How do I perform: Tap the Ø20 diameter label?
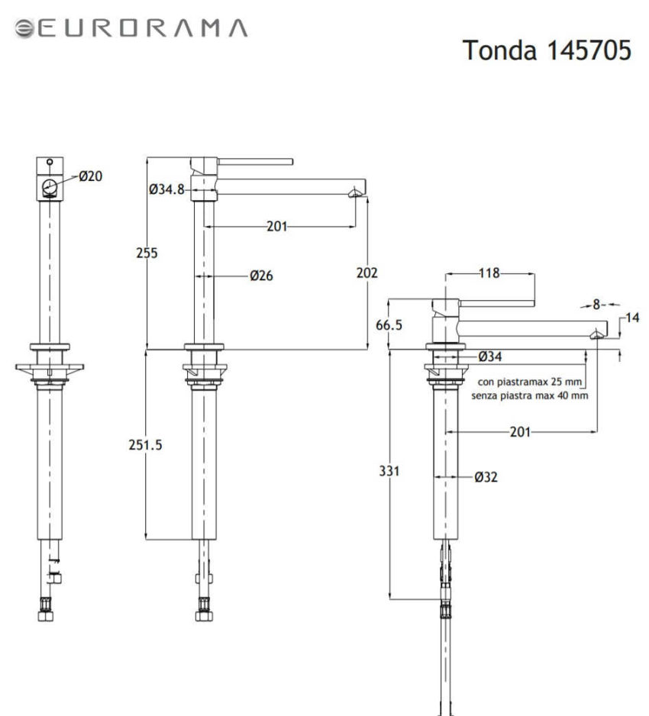click(89, 176)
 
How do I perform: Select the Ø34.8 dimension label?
click(167, 189)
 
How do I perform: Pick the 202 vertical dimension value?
click(367, 272)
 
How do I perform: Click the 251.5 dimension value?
click(144, 444)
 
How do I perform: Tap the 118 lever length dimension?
click(489, 274)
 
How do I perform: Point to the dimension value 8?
click(597, 304)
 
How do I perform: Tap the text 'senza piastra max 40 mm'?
click(529, 395)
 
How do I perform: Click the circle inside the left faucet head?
click(50, 187)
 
